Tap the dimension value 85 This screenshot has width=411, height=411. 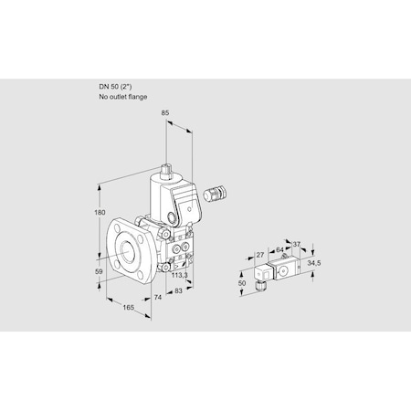tap(165, 114)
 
